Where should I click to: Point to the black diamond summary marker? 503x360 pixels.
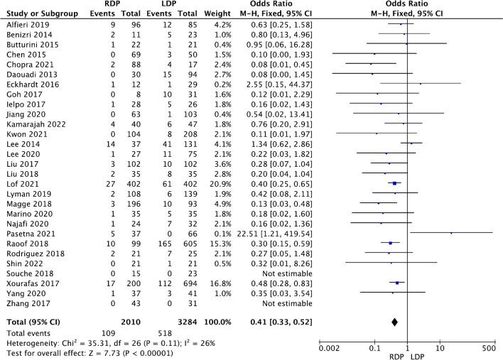(394, 322)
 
